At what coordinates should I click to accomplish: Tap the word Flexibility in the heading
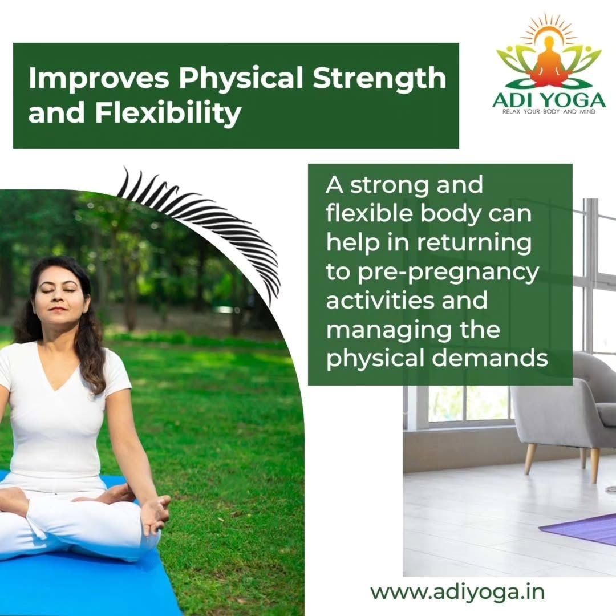[168, 113]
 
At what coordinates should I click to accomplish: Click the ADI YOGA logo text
[549, 100]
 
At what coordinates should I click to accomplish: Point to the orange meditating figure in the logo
[550, 61]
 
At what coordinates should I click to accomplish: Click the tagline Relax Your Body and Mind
[549, 112]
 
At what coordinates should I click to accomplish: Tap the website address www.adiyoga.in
[457, 592]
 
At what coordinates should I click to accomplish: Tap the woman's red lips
[58, 309]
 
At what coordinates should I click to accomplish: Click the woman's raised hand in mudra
[156, 513]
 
